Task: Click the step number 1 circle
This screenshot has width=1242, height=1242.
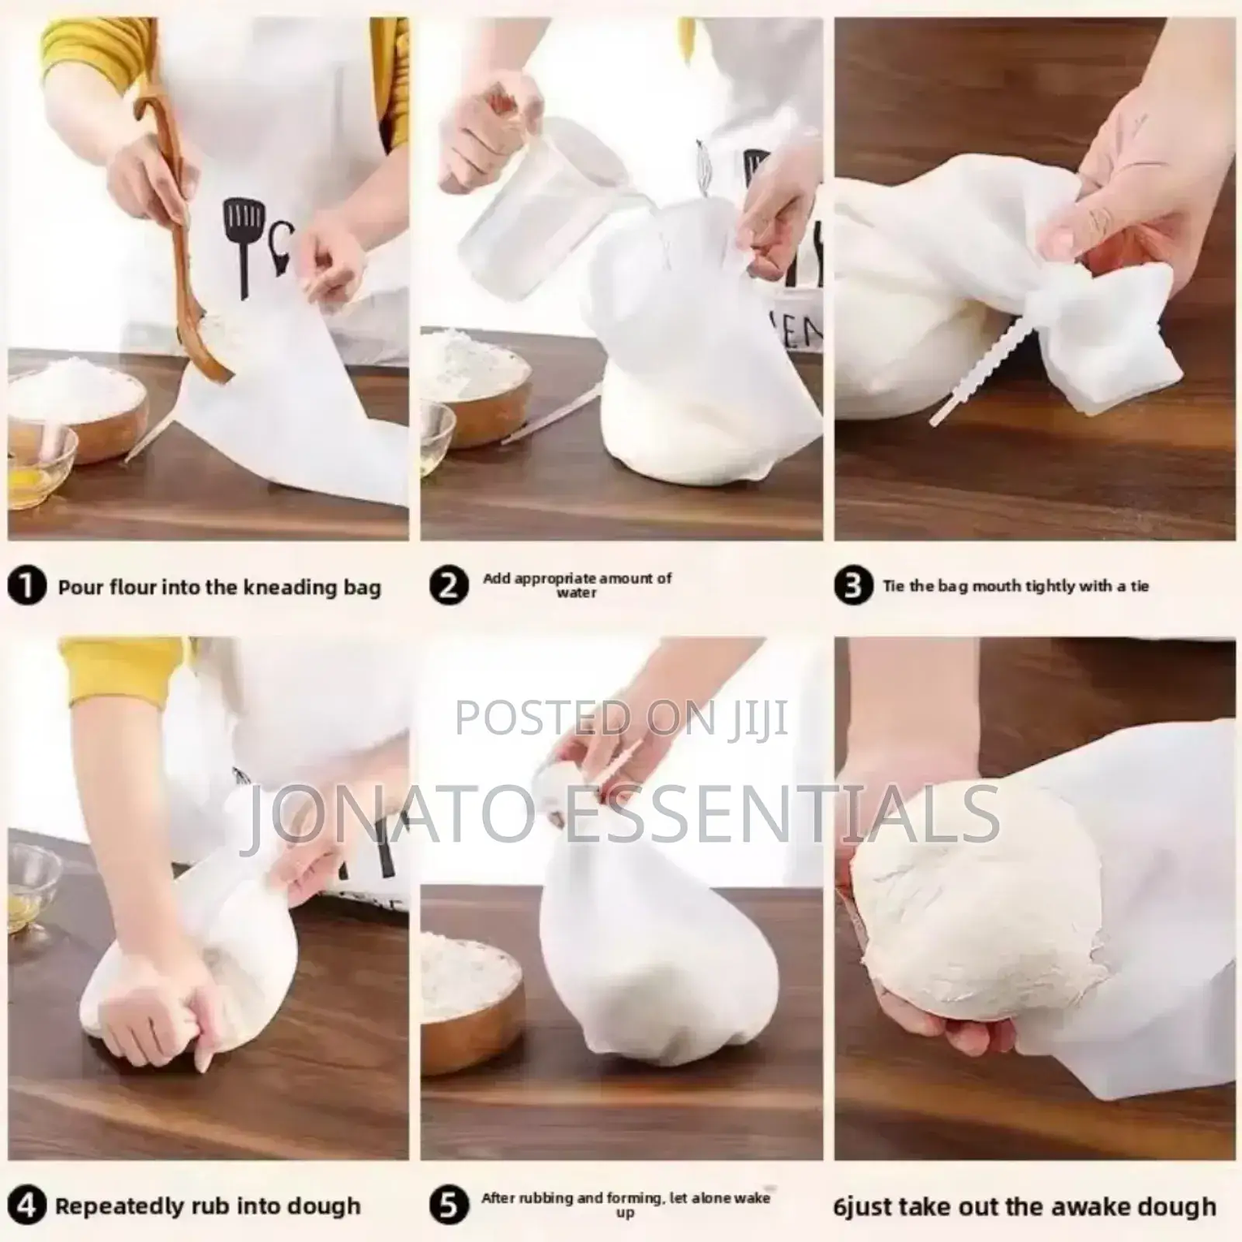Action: click(x=27, y=586)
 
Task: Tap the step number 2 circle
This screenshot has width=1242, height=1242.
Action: click(x=449, y=586)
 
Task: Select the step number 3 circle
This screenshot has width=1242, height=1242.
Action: click(x=854, y=586)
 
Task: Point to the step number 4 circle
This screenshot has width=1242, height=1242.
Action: click(x=27, y=1205)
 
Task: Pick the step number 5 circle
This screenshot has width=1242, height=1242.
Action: click(x=449, y=1205)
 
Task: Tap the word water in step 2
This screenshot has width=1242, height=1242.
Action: click(x=576, y=593)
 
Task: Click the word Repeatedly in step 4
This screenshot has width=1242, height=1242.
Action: click(x=117, y=1207)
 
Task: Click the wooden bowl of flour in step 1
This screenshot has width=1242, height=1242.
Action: click(x=78, y=408)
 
